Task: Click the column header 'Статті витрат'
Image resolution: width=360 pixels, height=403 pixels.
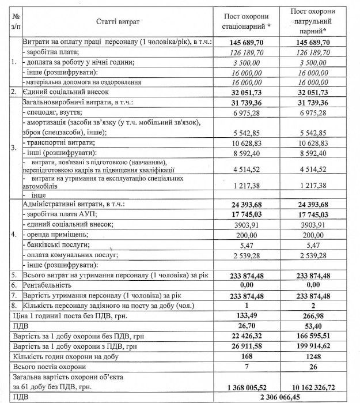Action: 117,21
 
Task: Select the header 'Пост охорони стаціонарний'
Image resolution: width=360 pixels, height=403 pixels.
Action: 247,21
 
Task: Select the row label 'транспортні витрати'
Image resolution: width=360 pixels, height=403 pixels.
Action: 58,142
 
